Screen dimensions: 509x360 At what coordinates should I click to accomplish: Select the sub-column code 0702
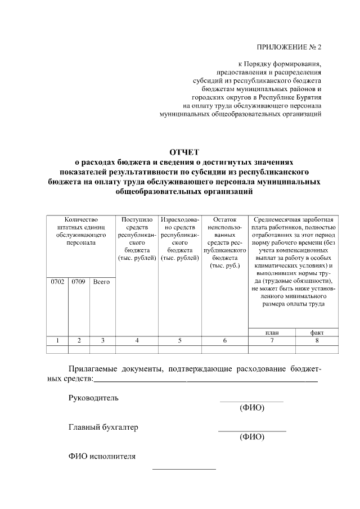coord(57,281)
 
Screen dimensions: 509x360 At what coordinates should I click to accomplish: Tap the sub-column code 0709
coord(79,281)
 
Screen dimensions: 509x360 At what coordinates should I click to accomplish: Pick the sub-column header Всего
coord(101,281)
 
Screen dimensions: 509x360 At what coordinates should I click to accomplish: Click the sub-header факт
coord(316,332)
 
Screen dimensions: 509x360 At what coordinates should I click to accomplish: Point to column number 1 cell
coord(57,340)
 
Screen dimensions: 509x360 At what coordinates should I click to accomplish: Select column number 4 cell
coord(137,340)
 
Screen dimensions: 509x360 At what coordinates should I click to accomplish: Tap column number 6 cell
coord(224,340)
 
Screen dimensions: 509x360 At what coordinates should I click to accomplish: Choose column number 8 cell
coord(316,340)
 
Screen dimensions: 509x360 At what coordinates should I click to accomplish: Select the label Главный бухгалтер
coord(103,427)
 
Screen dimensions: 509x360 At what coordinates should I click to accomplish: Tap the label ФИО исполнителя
coord(102,456)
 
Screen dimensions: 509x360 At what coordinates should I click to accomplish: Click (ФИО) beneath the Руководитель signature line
coord(251,408)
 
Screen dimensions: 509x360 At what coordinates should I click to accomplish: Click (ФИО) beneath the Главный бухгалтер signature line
coord(251,437)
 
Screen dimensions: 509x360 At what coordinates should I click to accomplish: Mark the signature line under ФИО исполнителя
coord(184,469)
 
